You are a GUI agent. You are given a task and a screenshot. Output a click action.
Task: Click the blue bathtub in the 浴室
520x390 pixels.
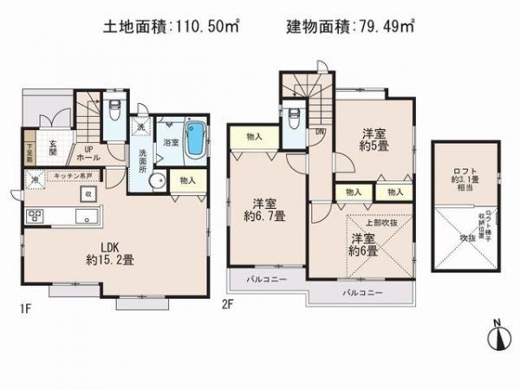[198, 138]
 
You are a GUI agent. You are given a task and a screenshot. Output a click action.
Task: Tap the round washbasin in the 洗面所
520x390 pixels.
[158, 181]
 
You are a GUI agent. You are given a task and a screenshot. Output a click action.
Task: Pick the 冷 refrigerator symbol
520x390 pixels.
[35, 180]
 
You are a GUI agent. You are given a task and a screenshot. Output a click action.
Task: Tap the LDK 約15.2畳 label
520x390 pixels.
[107, 252]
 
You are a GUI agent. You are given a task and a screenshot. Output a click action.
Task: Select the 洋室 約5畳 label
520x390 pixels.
[374, 140]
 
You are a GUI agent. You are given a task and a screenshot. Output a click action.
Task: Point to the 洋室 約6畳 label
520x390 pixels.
[363, 244]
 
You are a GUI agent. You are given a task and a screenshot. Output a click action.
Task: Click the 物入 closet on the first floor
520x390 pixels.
[188, 179]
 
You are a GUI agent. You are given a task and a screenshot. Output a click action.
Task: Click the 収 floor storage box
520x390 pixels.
[89, 195]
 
